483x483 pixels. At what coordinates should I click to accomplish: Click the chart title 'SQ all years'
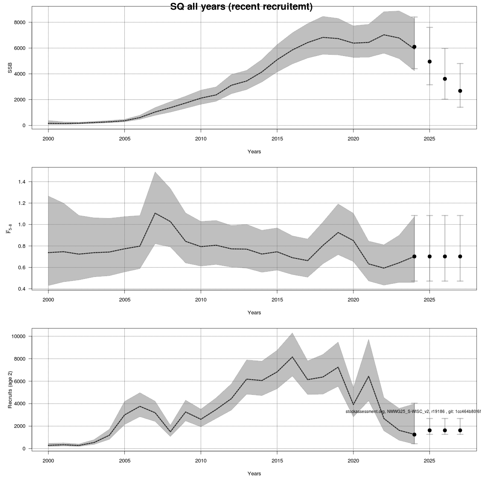[241, 7]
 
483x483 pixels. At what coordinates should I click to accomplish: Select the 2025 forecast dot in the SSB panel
[429, 62]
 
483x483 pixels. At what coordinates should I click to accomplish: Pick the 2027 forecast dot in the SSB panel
[460, 91]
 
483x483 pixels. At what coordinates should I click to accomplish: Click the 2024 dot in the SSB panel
[414, 47]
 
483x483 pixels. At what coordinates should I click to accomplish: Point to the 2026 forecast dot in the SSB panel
[445, 79]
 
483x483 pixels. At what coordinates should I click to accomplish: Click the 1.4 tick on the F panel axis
[21, 182]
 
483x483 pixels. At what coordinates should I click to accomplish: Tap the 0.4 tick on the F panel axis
[21, 289]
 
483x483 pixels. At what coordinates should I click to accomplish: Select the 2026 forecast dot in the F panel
[445, 256]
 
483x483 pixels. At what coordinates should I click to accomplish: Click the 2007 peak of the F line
[155, 213]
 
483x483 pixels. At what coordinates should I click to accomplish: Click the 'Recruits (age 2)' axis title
[10, 388]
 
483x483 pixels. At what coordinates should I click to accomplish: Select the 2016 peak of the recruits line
[292, 357]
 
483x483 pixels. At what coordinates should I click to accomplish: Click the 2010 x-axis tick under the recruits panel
[200, 461]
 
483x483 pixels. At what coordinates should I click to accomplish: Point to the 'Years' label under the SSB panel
[254, 152]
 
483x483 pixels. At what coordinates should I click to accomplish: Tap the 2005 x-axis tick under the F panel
[124, 300]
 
